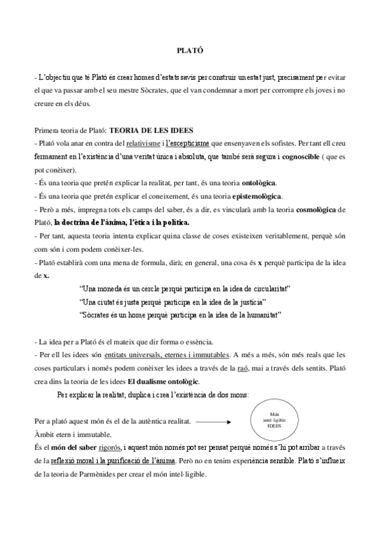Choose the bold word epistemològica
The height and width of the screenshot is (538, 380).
(x=258, y=196)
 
